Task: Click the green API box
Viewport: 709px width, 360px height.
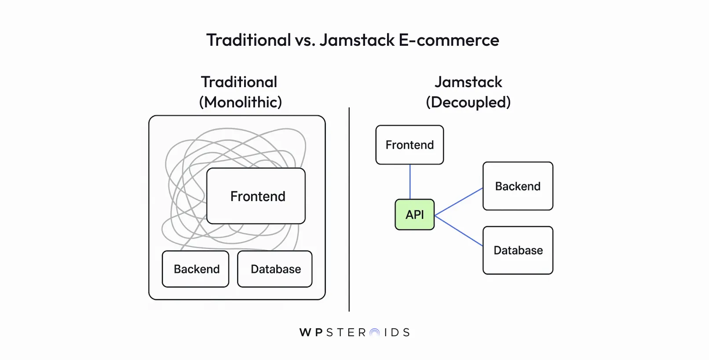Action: [414, 215]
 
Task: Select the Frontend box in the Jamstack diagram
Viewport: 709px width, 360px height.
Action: [409, 145]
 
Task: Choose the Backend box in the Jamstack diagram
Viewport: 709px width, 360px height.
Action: [518, 186]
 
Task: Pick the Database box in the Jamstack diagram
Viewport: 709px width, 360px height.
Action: [518, 250]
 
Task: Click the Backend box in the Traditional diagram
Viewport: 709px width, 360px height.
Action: [196, 269]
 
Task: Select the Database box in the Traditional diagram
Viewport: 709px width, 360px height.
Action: [275, 269]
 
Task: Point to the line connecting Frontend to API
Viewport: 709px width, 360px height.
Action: [410, 182]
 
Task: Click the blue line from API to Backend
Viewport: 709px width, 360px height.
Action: [459, 202]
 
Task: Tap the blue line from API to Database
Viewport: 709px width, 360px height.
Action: [459, 231]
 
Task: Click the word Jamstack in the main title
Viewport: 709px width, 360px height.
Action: [357, 40]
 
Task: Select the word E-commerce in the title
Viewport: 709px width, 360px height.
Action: [449, 40]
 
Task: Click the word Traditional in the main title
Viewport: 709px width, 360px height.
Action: [249, 40]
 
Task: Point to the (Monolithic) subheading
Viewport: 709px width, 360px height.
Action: [240, 102]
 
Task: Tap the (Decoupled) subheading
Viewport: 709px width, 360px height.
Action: [468, 102]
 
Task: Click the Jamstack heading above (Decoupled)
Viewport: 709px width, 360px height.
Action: [468, 82]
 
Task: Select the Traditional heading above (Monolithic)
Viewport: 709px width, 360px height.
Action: [239, 82]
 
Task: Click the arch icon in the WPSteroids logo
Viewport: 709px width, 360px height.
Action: [374, 333]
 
